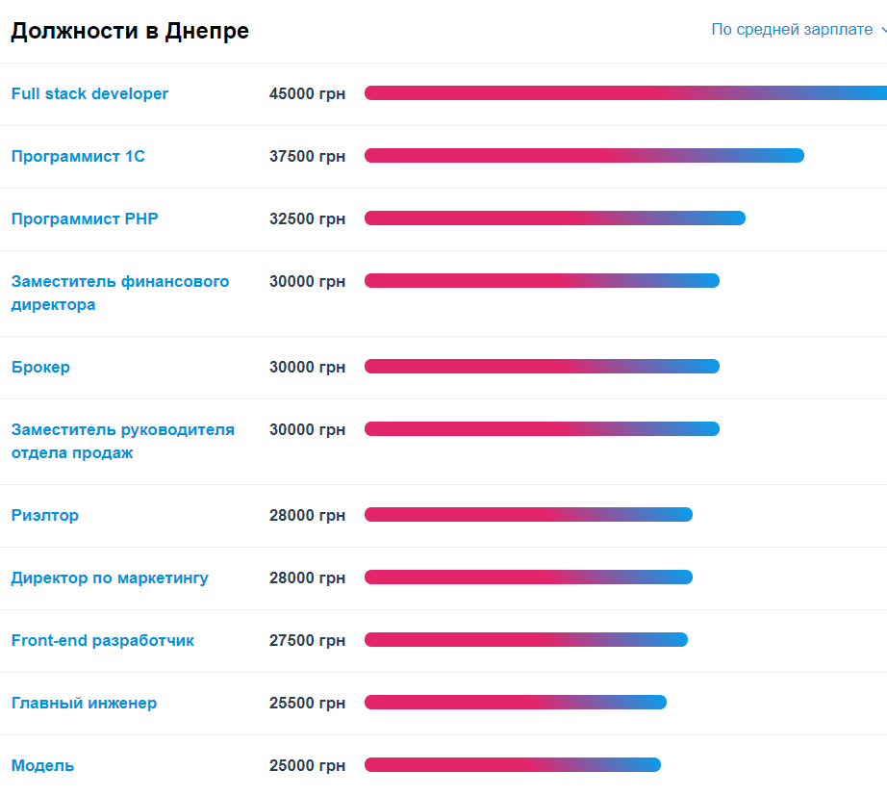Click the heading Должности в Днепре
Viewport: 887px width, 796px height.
(x=130, y=31)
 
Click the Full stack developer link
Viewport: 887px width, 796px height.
(x=89, y=93)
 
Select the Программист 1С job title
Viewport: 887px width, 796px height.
(x=78, y=156)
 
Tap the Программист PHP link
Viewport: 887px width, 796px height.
(x=85, y=218)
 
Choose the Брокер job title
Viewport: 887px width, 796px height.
(x=40, y=367)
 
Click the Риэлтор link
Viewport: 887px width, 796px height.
(x=45, y=515)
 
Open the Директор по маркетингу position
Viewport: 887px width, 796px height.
(x=110, y=578)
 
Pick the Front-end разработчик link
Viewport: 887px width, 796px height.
(x=103, y=640)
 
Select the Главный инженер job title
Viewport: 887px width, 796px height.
(x=84, y=703)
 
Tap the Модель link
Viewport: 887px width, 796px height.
(x=42, y=765)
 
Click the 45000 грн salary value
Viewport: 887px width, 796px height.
(x=307, y=93)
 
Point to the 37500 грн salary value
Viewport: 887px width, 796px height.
(x=307, y=156)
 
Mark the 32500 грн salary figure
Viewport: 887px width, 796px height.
(x=307, y=218)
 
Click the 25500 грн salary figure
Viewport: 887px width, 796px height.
(x=307, y=703)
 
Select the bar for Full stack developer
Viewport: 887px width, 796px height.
(x=625, y=93)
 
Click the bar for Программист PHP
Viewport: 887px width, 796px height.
(x=555, y=218)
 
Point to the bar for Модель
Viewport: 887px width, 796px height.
(x=513, y=765)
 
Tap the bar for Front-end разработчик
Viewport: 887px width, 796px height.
(x=526, y=640)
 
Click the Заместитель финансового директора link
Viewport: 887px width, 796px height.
(x=120, y=293)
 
